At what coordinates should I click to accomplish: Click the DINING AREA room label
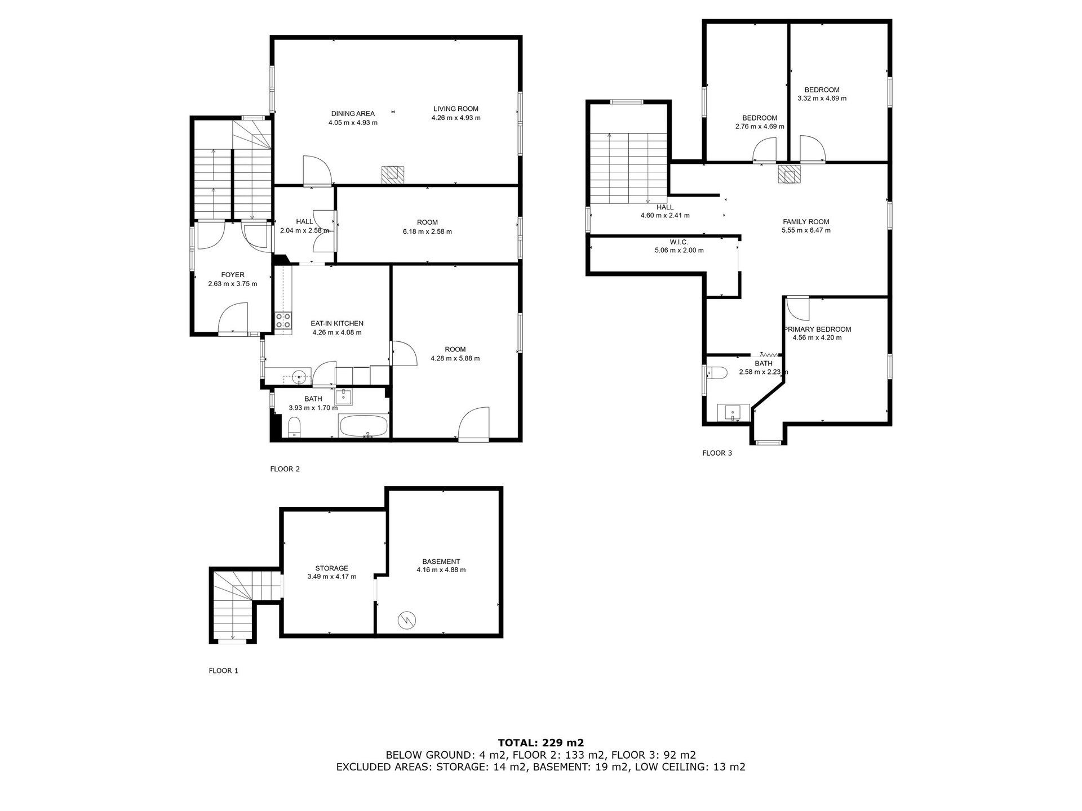pyautogui.click(x=353, y=114)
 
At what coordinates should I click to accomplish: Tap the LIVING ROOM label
pyautogui.click(x=456, y=109)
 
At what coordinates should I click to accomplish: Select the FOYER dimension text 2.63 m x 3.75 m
pyautogui.click(x=233, y=284)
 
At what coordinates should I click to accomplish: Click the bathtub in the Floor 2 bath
pyautogui.click(x=364, y=425)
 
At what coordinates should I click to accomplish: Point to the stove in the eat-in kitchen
pyautogui.click(x=283, y=320)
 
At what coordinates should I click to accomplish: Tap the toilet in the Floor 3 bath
pyautogui.click(x=717, y=372)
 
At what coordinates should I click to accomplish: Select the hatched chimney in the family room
pyautogui.click(x=789, y=174)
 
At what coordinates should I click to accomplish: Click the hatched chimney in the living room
pyautogui.click(x=393, y=175)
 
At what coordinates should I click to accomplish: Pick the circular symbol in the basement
pyautogui.click(x=406, y=621)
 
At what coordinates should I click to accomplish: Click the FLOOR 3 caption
pyautogui.click(x=717, y=453)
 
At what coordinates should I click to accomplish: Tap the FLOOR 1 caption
pyautogui.click(x=224, y=671)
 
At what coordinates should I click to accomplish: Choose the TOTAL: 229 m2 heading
pyautogui.click(x=541, y=743)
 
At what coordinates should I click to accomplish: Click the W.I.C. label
pyautogui.click(x=679, y=242)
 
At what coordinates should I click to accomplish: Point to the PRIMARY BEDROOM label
pyautogui.click(x=817, y=329)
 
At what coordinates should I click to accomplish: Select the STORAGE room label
pyautogui.click(x=332, y=568)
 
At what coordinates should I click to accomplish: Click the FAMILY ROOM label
pyautogui.click(x=806, y=222)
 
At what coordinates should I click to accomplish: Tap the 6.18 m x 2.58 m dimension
pyautogui.click(x=427, y=231)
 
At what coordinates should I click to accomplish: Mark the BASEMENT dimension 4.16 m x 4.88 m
pyautogui.click(x=441, y=570)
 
